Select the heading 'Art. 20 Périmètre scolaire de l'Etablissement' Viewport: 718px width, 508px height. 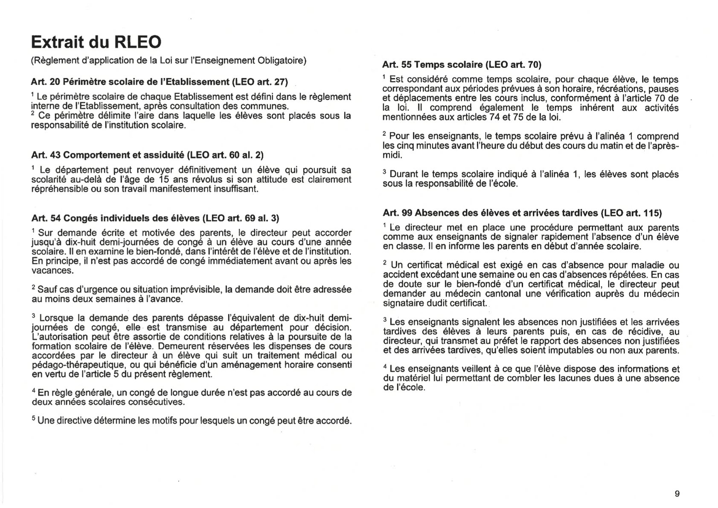(160, 82)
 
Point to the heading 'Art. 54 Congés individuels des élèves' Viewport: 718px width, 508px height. (155, 218)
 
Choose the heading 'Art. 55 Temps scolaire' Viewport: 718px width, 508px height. (462, 65)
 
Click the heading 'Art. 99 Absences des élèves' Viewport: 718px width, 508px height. (522, 213)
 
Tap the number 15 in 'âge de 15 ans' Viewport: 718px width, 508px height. (164, 180)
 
